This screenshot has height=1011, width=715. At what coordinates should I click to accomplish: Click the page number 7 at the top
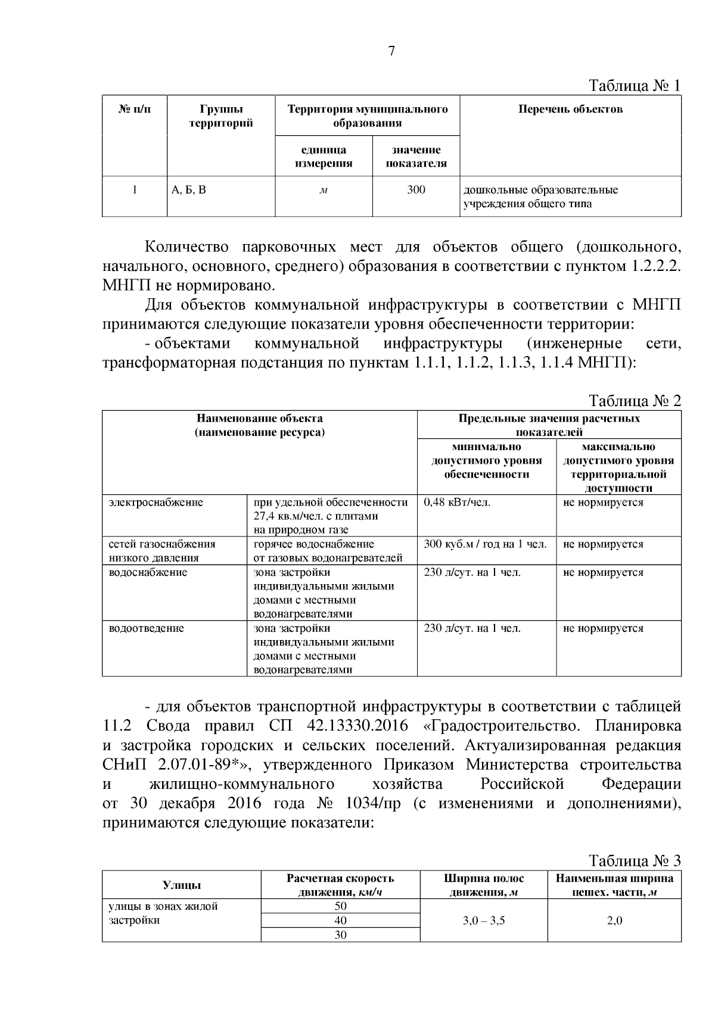click(391, 51)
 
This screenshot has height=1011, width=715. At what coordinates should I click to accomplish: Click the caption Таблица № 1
click(634, 86)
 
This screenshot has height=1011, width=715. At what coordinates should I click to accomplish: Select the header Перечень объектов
click(570, 109)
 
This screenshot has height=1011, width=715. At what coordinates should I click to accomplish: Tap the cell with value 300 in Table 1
click(416, 190)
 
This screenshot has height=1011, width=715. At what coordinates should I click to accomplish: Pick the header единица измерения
click(324, 157)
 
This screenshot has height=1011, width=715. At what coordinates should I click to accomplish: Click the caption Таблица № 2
click(634, 400)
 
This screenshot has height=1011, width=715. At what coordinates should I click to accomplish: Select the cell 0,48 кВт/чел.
click(457, 502)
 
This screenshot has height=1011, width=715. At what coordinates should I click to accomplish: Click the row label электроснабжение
click(156, 502)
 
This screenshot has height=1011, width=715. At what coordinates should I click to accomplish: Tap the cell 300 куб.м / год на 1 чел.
click(485, 544)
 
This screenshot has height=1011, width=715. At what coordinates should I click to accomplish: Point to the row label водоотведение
click(146, 628)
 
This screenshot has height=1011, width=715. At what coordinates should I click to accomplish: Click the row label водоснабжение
click(148, 572)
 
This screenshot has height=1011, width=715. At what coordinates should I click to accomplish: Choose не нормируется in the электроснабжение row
click(603, 502)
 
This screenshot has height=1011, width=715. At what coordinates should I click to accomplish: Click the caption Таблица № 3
click(634, 860)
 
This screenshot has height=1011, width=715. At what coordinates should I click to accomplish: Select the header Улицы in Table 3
click(182, 885)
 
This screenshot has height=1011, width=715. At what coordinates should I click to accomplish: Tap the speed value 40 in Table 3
click(340, 920)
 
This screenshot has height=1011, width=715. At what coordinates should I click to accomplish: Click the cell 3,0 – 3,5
click(483, 920)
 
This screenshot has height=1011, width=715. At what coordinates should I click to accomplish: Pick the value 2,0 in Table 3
click(614, 920)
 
